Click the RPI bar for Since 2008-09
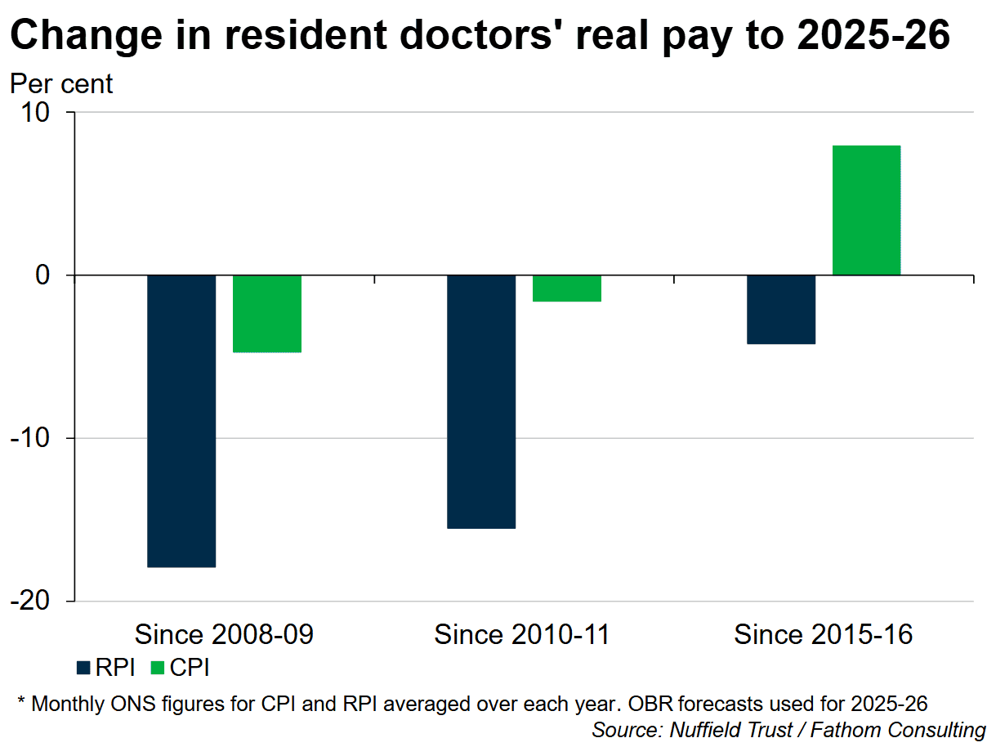click(181, 420)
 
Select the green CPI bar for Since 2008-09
click(267, 313)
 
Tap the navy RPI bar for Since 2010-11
click(481, 401)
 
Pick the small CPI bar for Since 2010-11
click(567, 289)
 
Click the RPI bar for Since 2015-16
click(781, 309)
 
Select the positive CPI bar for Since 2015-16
click(866, 210)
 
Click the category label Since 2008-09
click(224, 635)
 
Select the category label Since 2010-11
click(523, 635)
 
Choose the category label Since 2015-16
click(823, 635)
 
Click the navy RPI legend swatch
click(83, 669)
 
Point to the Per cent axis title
click(61, 83)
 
